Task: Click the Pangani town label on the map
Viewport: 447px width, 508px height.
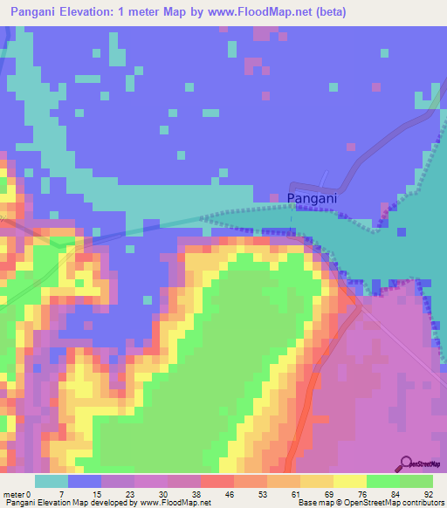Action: pyautogui.click(x=312, y=199)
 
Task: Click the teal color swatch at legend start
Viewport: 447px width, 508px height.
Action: pyautogui.click(x=51, y=481)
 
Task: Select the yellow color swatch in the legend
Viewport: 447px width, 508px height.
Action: pyautogui.click(x=349, y=481)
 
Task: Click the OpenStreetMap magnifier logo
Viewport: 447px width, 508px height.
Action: pyautogui.click(x=405, y=463)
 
